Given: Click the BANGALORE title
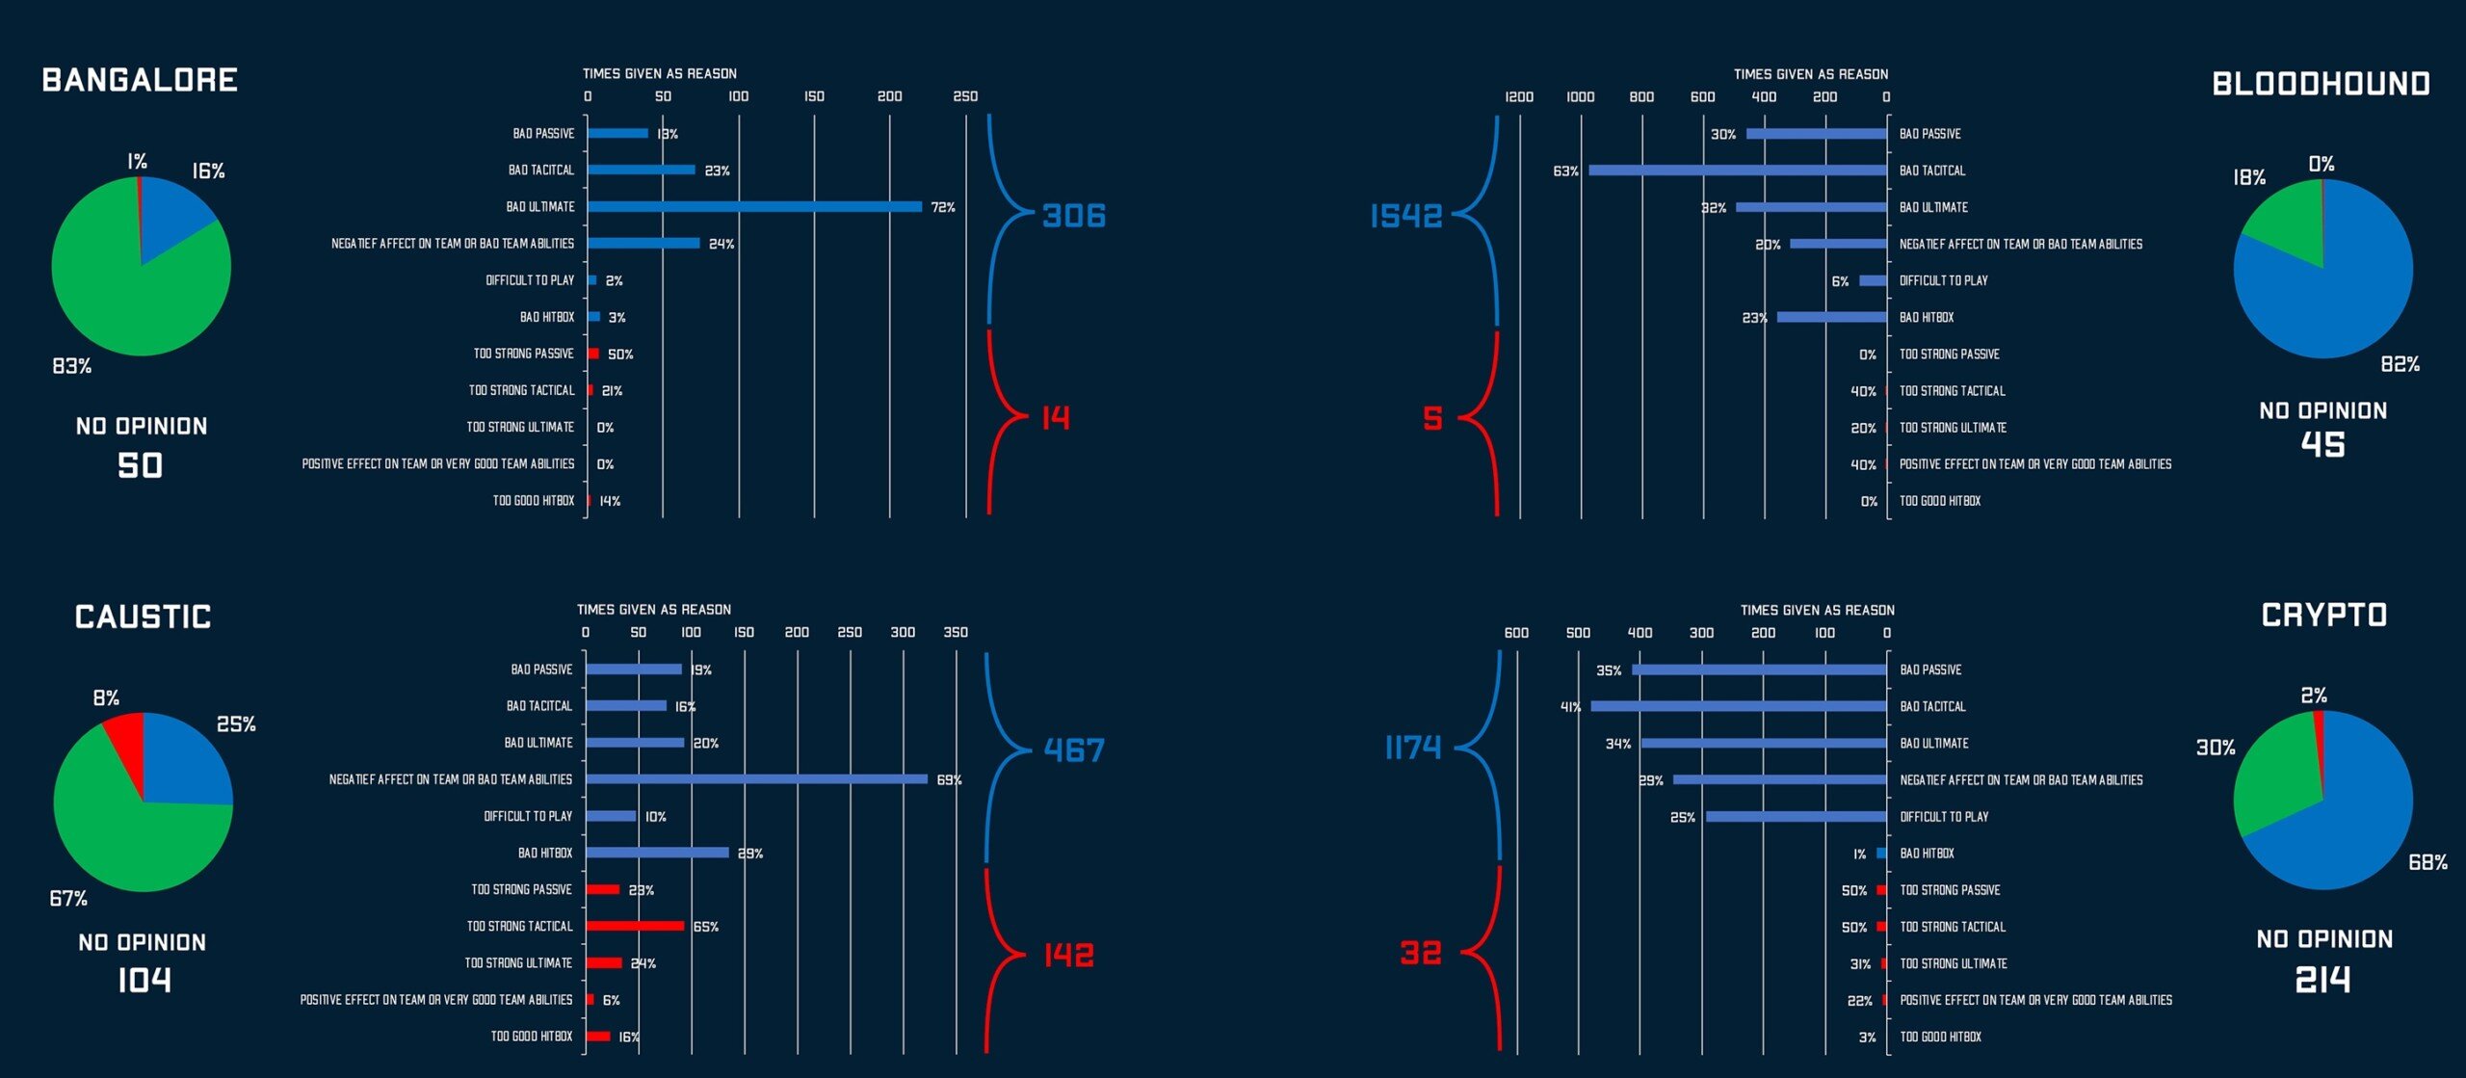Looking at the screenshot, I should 140,80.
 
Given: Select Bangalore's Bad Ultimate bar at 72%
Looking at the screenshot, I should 754,206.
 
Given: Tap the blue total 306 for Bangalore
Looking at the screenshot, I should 1074,216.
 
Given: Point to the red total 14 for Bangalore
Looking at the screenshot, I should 1056,418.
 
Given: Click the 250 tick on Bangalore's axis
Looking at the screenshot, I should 965,96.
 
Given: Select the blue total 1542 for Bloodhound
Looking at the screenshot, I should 1406,217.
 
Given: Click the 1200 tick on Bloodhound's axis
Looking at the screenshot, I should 1519,97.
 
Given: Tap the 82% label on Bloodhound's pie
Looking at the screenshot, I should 2400,364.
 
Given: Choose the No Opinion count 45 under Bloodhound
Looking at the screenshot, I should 2322,445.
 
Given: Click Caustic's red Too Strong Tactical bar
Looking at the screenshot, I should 635,926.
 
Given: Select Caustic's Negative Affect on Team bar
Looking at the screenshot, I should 756,779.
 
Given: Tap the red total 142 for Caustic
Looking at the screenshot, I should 1069,955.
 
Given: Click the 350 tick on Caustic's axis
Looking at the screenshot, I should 955,633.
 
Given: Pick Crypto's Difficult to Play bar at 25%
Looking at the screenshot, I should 1797,817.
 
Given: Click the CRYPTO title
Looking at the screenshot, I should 2323,616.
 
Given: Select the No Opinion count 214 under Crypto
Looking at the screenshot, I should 2322,980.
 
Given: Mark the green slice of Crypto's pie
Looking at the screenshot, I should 2273,776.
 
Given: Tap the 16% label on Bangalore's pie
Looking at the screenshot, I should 208,171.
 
